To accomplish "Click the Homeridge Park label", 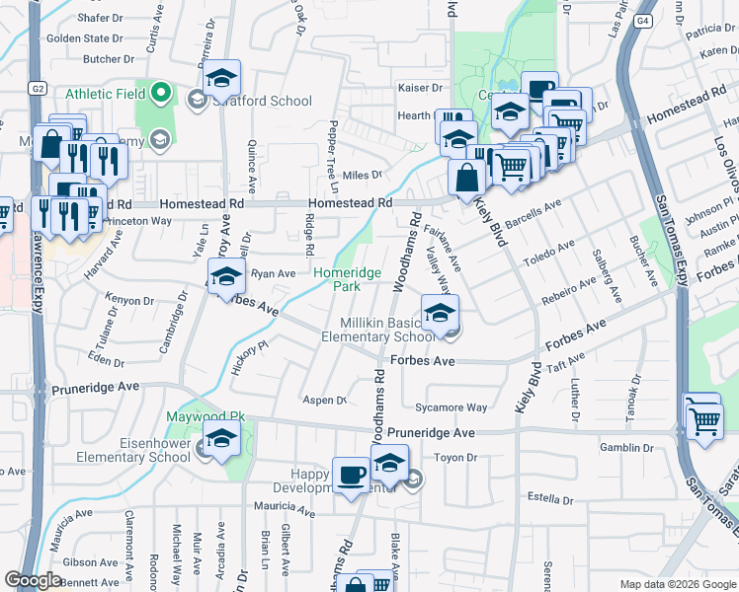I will click(337, 279).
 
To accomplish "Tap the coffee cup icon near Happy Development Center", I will click(351, 478).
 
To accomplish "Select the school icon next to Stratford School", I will click(222, 79).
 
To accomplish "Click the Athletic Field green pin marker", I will click(163, 94).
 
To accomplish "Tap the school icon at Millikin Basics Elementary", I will click(441, 315).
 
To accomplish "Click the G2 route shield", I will click(39, 88).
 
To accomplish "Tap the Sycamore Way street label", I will click(452, 407).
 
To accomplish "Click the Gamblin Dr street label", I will click(629, 447).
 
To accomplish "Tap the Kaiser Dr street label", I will click(420, 88).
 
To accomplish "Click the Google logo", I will click(33, 580).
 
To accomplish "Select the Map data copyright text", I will click(676, 584).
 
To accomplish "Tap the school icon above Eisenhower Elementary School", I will click(222, 439).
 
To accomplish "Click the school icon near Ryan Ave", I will click(225, 276).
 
